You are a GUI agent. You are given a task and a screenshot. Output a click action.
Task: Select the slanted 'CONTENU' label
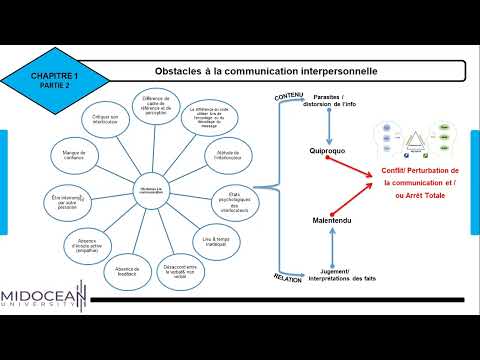[288, 96]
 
